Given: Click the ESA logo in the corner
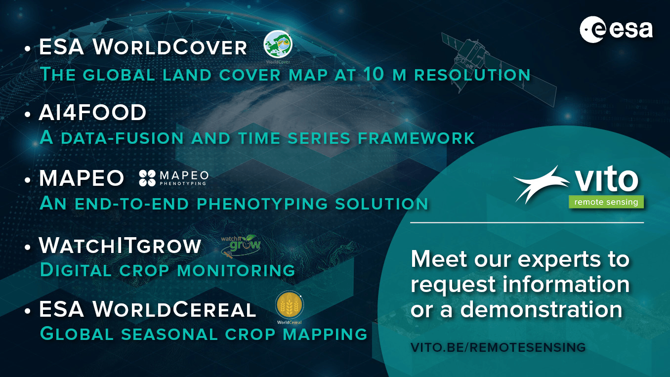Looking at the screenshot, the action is pos(616,30).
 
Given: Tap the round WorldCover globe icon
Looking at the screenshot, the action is pos(278,44).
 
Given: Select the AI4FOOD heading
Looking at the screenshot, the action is pos(92,113).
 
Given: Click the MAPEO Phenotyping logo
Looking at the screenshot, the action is pos(174,178).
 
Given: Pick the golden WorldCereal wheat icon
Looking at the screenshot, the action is pos(289,305).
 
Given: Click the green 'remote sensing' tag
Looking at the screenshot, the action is pos(606,202).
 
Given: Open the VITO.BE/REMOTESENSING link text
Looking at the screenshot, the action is pos(498,347).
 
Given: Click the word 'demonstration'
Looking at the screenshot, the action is pos(541,309).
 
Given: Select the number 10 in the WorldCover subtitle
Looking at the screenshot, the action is pos(374,74).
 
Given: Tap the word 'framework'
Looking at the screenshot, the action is pos(416,138).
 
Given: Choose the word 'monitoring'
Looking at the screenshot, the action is pos(236,270).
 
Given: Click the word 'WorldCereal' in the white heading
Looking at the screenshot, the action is pos(174,309).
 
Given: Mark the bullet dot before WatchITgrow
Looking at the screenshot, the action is pos(28,247).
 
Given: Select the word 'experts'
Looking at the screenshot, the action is pos(559,259).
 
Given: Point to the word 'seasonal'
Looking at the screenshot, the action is pos(169,334).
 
